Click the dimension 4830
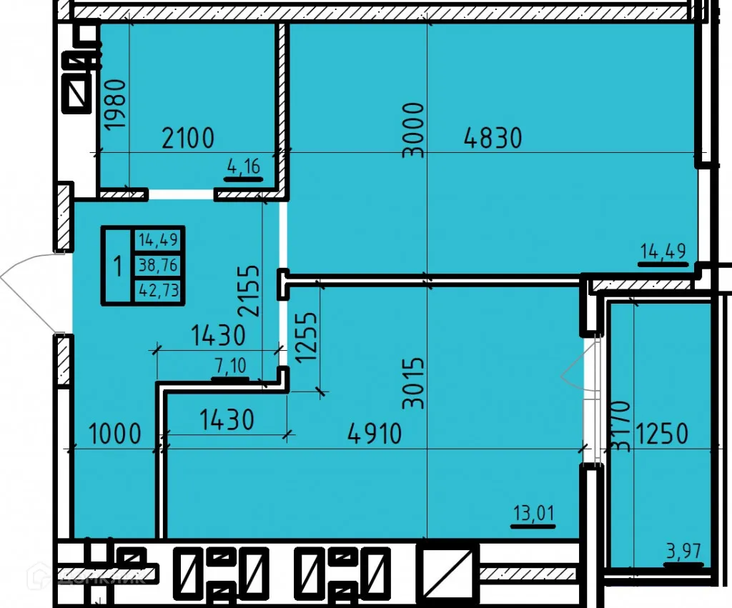tap(493, 136)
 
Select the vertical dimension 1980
tap(116, 104)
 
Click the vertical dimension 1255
tap(306, 338)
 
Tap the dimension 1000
tap(114, 434)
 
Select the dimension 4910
tap(374, 433)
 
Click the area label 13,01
tap(534, 513)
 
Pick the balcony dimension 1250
tap(662, 433)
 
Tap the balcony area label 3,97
tap(683, 552)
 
